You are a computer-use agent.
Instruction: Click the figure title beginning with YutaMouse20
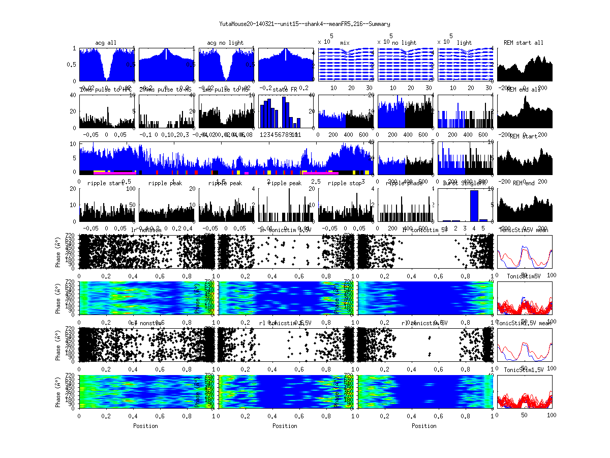304,24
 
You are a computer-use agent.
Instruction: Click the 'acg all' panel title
106,43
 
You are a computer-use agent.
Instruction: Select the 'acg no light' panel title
225,43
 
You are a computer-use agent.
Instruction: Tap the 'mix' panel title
345,43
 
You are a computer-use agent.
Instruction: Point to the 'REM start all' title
524,43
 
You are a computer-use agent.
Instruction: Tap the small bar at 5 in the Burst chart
483,220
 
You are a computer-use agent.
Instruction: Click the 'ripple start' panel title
106,183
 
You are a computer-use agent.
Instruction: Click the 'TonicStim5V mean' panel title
524,230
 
